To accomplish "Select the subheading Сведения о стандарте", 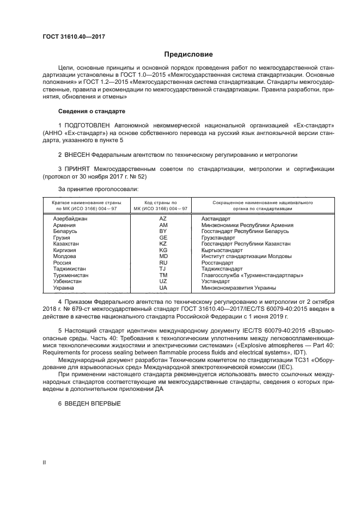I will (91, 111).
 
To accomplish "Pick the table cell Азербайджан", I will (70, 218).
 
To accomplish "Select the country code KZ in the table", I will (163, 244).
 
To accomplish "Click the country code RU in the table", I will (163, 262).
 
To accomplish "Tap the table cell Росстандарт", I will (218, 262).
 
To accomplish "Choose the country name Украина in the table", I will (64, 287).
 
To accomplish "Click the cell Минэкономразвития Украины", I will (238, 287).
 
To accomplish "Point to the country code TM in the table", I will (163, 275).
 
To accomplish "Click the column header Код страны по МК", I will (162, 205).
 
